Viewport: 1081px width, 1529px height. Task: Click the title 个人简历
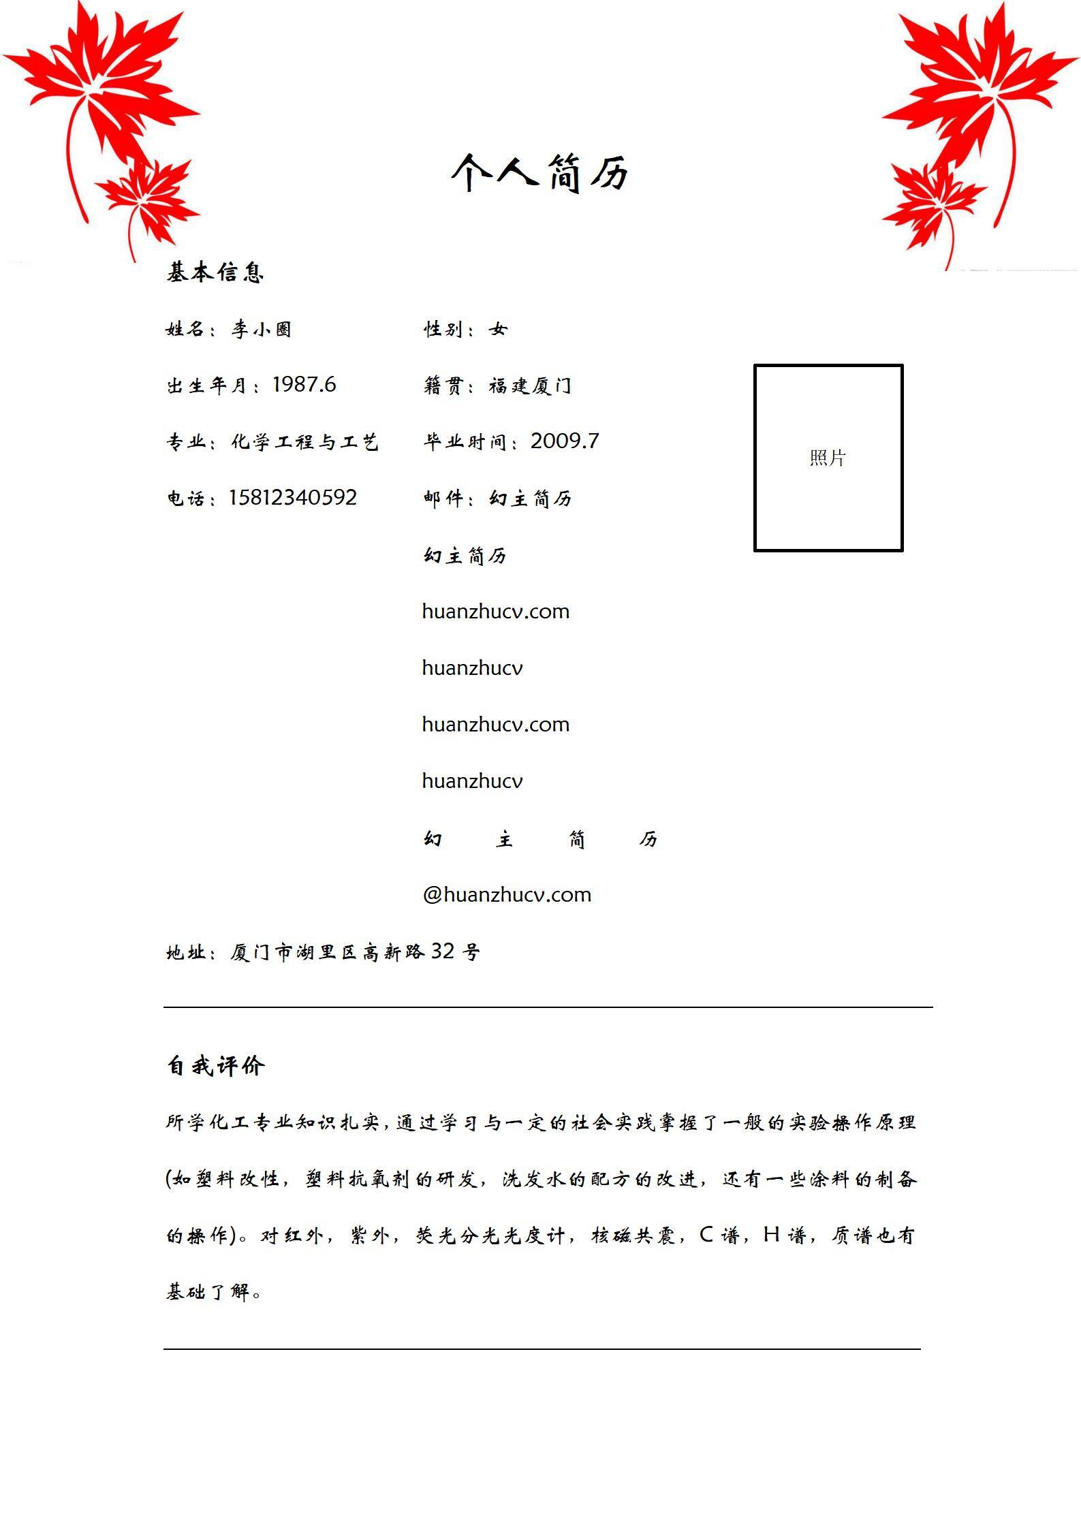coord(540,172)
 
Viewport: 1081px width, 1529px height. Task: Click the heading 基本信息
coord(215,272)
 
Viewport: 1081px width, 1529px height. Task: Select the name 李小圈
coord(262,330)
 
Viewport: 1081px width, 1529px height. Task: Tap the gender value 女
coord(498,330)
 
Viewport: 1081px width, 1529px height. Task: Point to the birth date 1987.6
coord(304,385)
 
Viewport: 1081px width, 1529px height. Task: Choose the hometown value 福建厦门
coord(530,386)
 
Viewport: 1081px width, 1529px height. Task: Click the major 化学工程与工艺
coord(304,442)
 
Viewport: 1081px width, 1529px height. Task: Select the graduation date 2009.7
coord(565,441)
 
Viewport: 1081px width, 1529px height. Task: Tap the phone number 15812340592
coord(292,498)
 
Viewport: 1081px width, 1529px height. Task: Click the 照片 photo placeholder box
coord(828,458)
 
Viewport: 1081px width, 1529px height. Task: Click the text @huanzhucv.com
coord(507,894)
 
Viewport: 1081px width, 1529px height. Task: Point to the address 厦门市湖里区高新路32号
coord(355,951)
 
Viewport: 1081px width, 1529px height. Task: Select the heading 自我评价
coord(215,1066)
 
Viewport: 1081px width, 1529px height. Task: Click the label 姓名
coord(185,330)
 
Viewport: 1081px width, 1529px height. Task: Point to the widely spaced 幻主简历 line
coord(540,839)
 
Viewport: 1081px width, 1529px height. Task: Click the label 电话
coord(185,499)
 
